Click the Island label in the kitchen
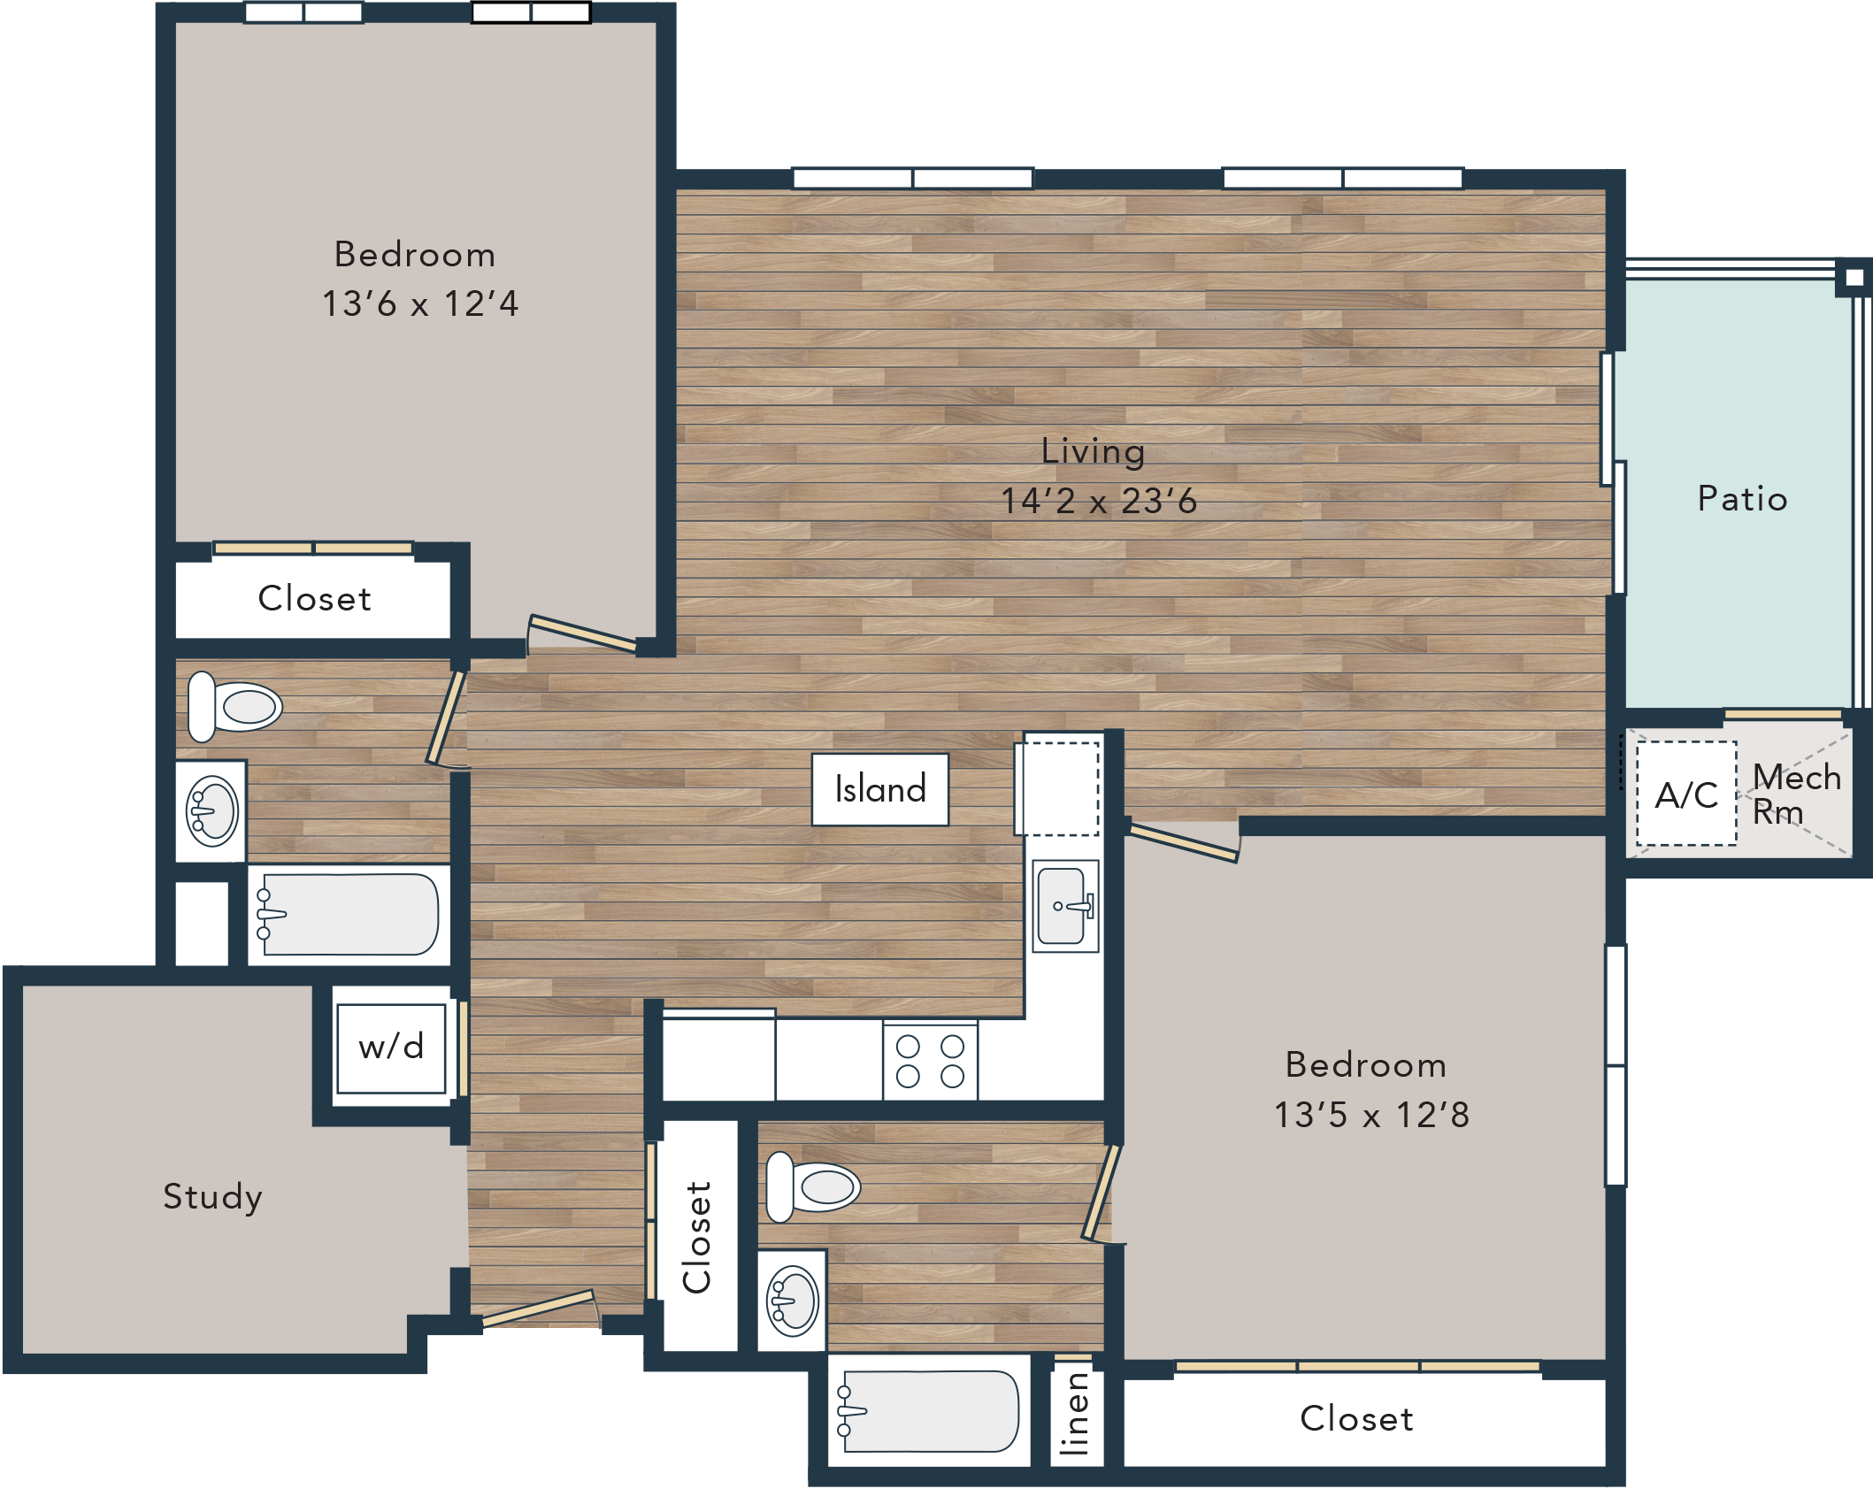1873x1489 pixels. [880, 788]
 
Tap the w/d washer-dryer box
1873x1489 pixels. [391, 1048]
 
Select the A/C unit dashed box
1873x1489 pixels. [1686, 794]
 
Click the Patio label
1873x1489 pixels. [1742, 499]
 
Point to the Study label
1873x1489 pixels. [213, 1197]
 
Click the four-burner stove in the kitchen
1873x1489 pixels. [930, 1061]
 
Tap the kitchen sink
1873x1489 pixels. [1066, 905]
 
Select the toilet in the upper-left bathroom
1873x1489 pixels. [234, 707]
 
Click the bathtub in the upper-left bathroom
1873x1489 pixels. [349, 915]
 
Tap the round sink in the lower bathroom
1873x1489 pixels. [793, 1301]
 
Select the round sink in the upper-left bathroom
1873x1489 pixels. [211, 811]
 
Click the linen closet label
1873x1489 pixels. [1075, 1414]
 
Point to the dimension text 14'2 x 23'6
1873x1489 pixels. [1099, 502]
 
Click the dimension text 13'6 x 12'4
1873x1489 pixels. [420, 303]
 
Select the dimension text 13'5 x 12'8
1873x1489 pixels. [1371, 1115]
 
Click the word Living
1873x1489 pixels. [1094, 452]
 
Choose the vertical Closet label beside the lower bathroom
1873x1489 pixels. [697, 1237]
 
